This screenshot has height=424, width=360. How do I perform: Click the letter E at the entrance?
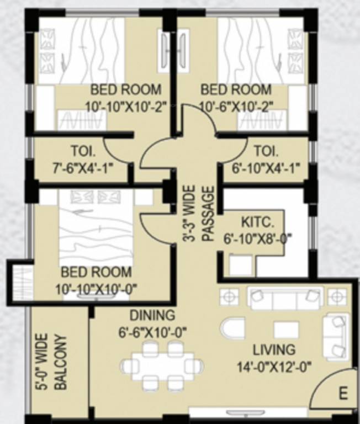click(x=343, y=394)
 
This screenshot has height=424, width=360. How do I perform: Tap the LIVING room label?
click(x=274, y=349)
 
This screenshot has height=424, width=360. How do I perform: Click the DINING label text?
click(x=152, y=315)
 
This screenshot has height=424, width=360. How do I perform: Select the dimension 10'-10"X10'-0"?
click(x=96, y=288)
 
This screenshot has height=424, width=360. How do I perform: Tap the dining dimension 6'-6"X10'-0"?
click(x=152, y=332)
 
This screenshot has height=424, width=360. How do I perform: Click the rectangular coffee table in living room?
click(x=286, y=330)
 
